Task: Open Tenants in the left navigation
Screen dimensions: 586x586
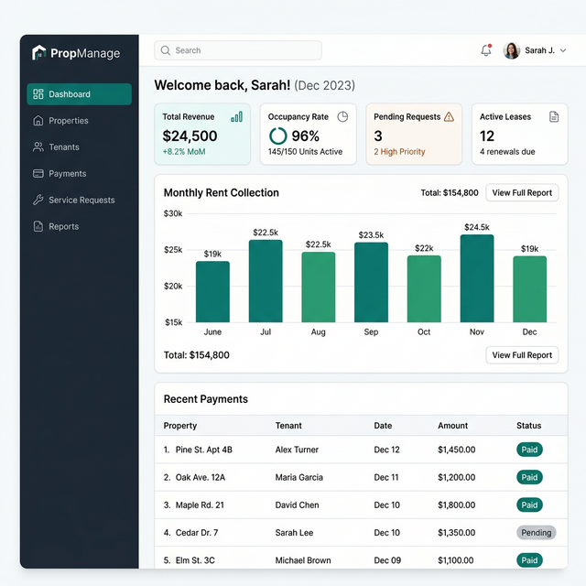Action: click(63, 147)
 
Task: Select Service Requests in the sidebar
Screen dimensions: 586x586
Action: click(81, 201)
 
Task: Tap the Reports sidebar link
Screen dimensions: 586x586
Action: click(63, 227)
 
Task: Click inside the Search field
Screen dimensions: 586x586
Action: click(238, 51)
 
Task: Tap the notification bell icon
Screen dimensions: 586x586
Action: click(485, 51)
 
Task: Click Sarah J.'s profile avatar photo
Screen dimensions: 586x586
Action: click(512, 51)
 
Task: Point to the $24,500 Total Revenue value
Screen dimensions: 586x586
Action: click(190, 136)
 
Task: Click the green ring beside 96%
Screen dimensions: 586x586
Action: click(277, 136)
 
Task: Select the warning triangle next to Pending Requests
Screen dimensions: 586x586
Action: click(449, 117)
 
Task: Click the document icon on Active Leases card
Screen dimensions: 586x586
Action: click(553, 117)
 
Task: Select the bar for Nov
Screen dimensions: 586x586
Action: click(476, 278)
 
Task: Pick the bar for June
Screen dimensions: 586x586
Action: click(212, 291)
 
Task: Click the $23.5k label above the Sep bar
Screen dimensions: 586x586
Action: click(371, 235)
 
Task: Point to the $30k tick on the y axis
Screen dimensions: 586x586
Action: click(173, 213)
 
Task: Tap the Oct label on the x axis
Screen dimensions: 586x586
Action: click(424, 331)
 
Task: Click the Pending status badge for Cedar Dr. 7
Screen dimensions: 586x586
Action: click(536, 533)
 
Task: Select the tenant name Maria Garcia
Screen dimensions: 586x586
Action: click(299, 477)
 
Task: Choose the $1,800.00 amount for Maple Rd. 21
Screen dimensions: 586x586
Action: click(456, 505)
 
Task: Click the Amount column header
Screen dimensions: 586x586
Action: click(452, 426)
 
